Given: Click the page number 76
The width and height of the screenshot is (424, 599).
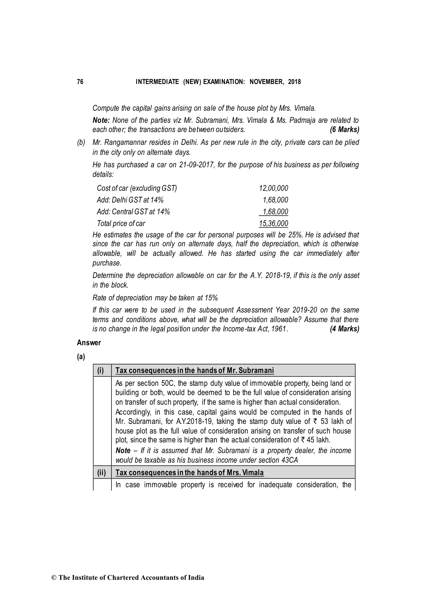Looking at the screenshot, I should [x=80, y=82].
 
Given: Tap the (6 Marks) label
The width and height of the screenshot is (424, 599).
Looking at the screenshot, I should [x=344, y=130].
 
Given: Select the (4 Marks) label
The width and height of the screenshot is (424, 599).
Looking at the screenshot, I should [x=344, y=329].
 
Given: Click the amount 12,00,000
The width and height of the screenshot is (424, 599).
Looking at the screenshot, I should [x=273, y=188].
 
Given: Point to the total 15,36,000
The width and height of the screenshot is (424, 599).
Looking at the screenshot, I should [x=273, y=224].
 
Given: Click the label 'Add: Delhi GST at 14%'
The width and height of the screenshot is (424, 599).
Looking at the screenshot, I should [x=130, y=200].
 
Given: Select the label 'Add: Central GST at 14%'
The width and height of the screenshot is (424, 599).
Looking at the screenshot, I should [x=134, y=212].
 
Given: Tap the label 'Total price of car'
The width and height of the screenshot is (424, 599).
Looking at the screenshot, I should [x=121, y=224].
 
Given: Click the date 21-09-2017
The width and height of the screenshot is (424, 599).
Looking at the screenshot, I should [x=195, y=165].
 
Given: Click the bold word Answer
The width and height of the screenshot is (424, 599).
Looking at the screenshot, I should [x=89, y=343].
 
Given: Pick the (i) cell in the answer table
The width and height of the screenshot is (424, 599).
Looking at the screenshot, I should [x=101, y=371].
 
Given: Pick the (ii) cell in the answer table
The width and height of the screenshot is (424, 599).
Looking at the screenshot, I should [x=101, y=473].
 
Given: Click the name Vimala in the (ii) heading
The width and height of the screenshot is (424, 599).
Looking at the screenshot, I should [x=253, y=473].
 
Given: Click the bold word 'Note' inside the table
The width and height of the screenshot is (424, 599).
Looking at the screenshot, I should [x=123, y=451].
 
